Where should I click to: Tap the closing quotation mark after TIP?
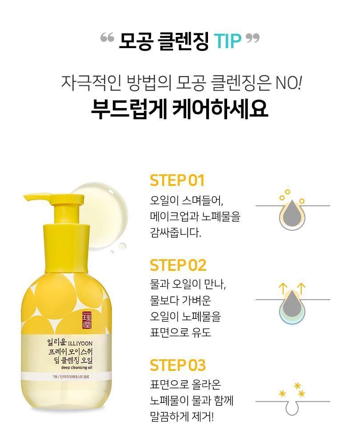coord(252,38)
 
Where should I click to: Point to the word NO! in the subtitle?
coord(288,83)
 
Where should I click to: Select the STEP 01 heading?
coord(177,181)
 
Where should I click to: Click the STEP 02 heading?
coord(178,265)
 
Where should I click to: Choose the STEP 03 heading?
coord(178,365)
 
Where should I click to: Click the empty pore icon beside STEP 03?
coord(292,406)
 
